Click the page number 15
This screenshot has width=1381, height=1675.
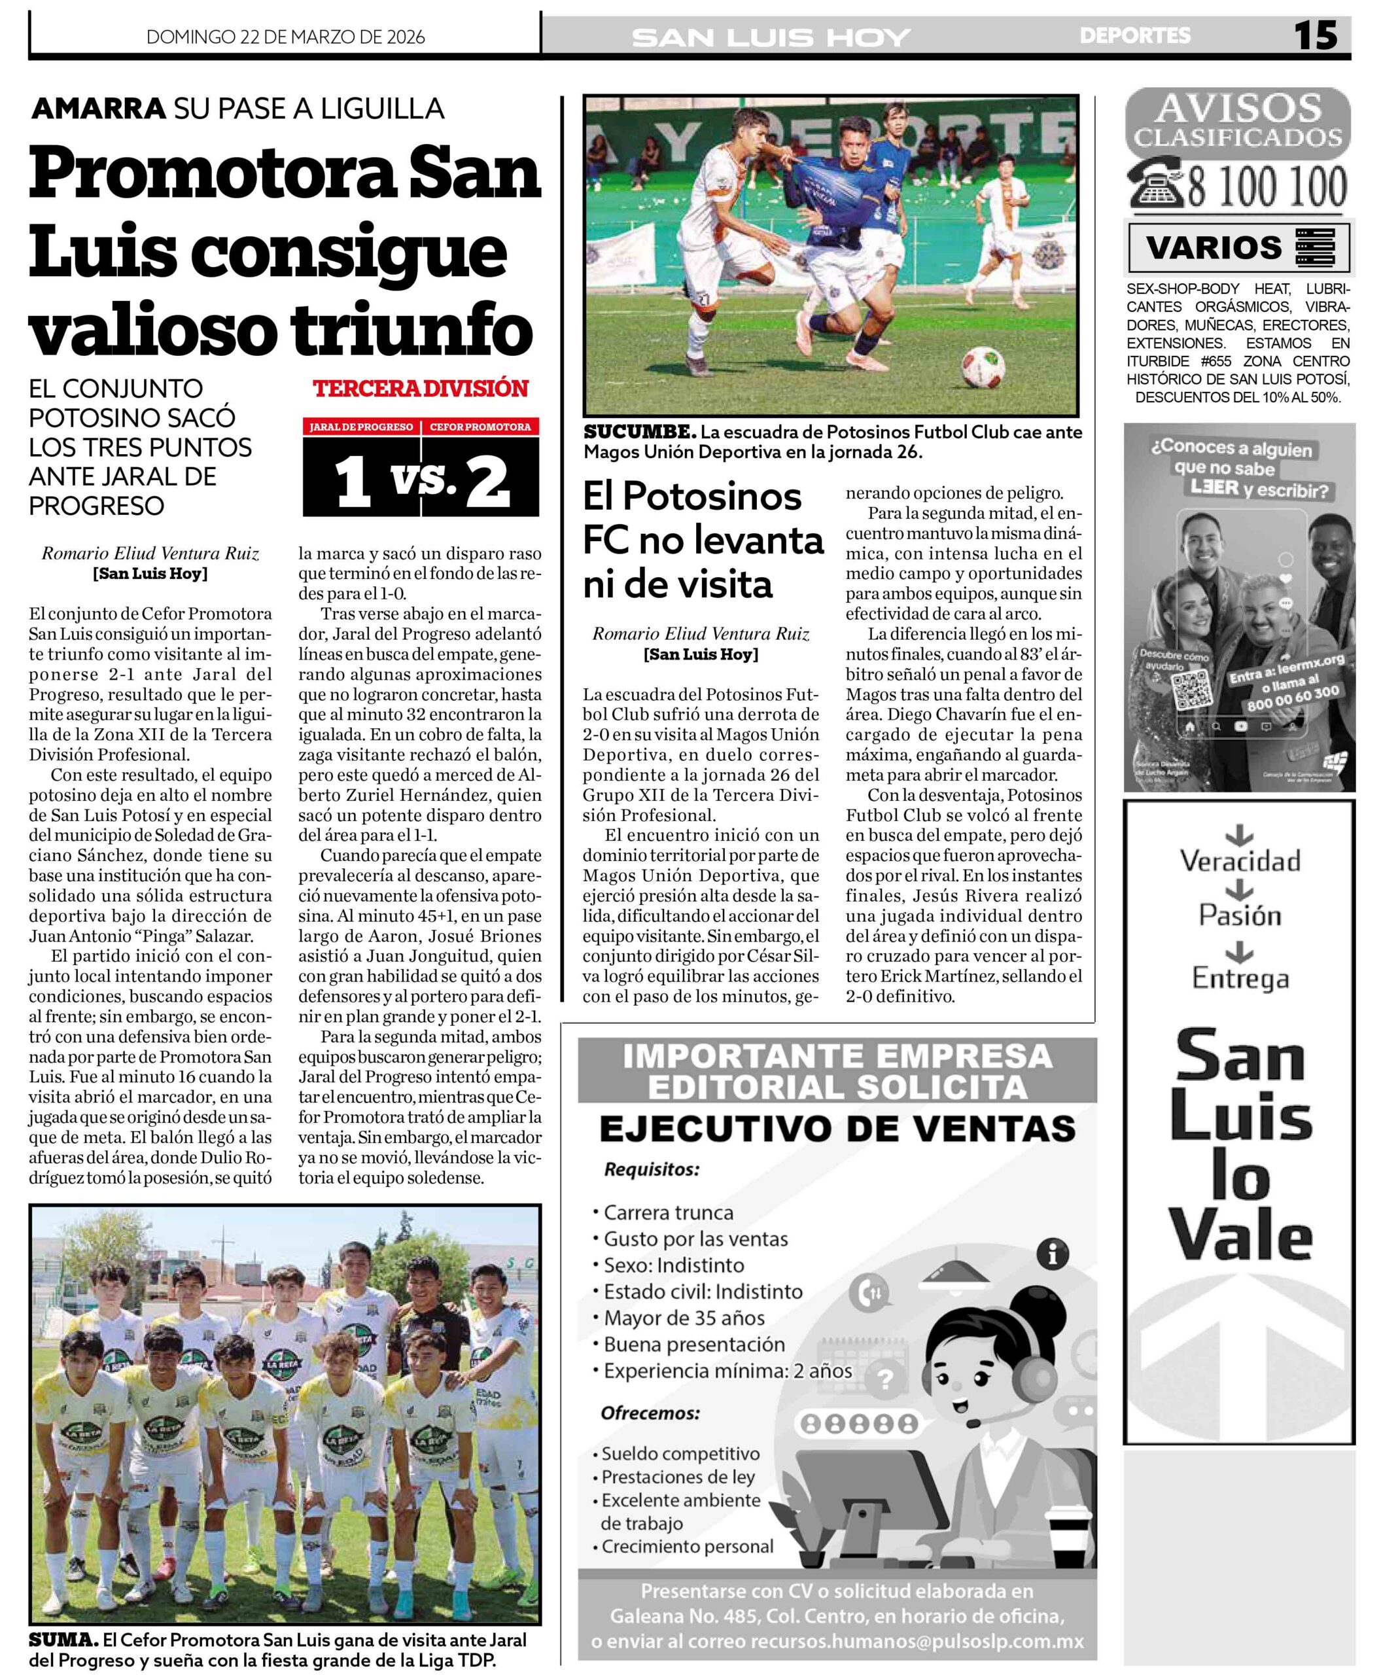[1315, 36]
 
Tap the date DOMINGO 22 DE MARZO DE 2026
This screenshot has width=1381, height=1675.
[286, 37]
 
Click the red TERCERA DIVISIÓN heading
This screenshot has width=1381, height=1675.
[421, 389]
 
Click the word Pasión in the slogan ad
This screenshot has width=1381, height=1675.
[1240, 916]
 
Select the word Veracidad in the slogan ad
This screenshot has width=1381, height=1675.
[1240, 861]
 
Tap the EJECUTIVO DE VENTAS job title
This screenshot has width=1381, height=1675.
[837, 1129]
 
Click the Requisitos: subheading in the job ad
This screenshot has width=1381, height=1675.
[652, 1170]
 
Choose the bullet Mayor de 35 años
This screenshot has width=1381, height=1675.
[684, 1318]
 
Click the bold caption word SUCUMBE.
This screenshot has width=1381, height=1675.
[640, 432]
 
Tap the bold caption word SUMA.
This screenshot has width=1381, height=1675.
[63, 1640]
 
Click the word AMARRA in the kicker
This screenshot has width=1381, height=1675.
[99, 108]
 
